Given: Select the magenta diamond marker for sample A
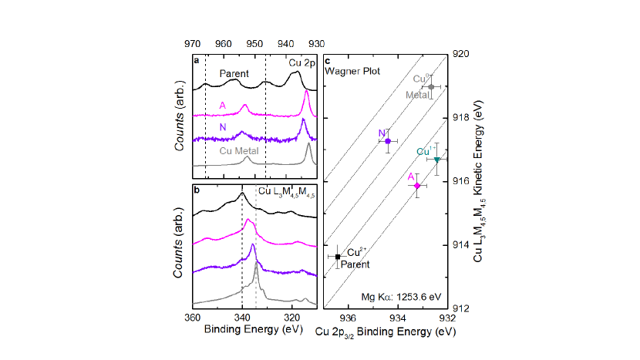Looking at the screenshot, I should (417, 186).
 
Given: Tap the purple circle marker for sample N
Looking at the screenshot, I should (387, 141).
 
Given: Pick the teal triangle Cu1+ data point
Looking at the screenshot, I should (437, 160).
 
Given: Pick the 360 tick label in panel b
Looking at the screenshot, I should (194, 317).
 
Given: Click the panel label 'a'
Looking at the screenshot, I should (197, 60).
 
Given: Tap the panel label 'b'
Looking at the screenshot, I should (197, 189).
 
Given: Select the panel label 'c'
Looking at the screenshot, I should (329, 60).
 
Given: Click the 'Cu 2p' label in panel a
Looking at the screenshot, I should (301, 61).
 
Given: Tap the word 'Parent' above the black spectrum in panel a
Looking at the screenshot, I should (233, 74).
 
